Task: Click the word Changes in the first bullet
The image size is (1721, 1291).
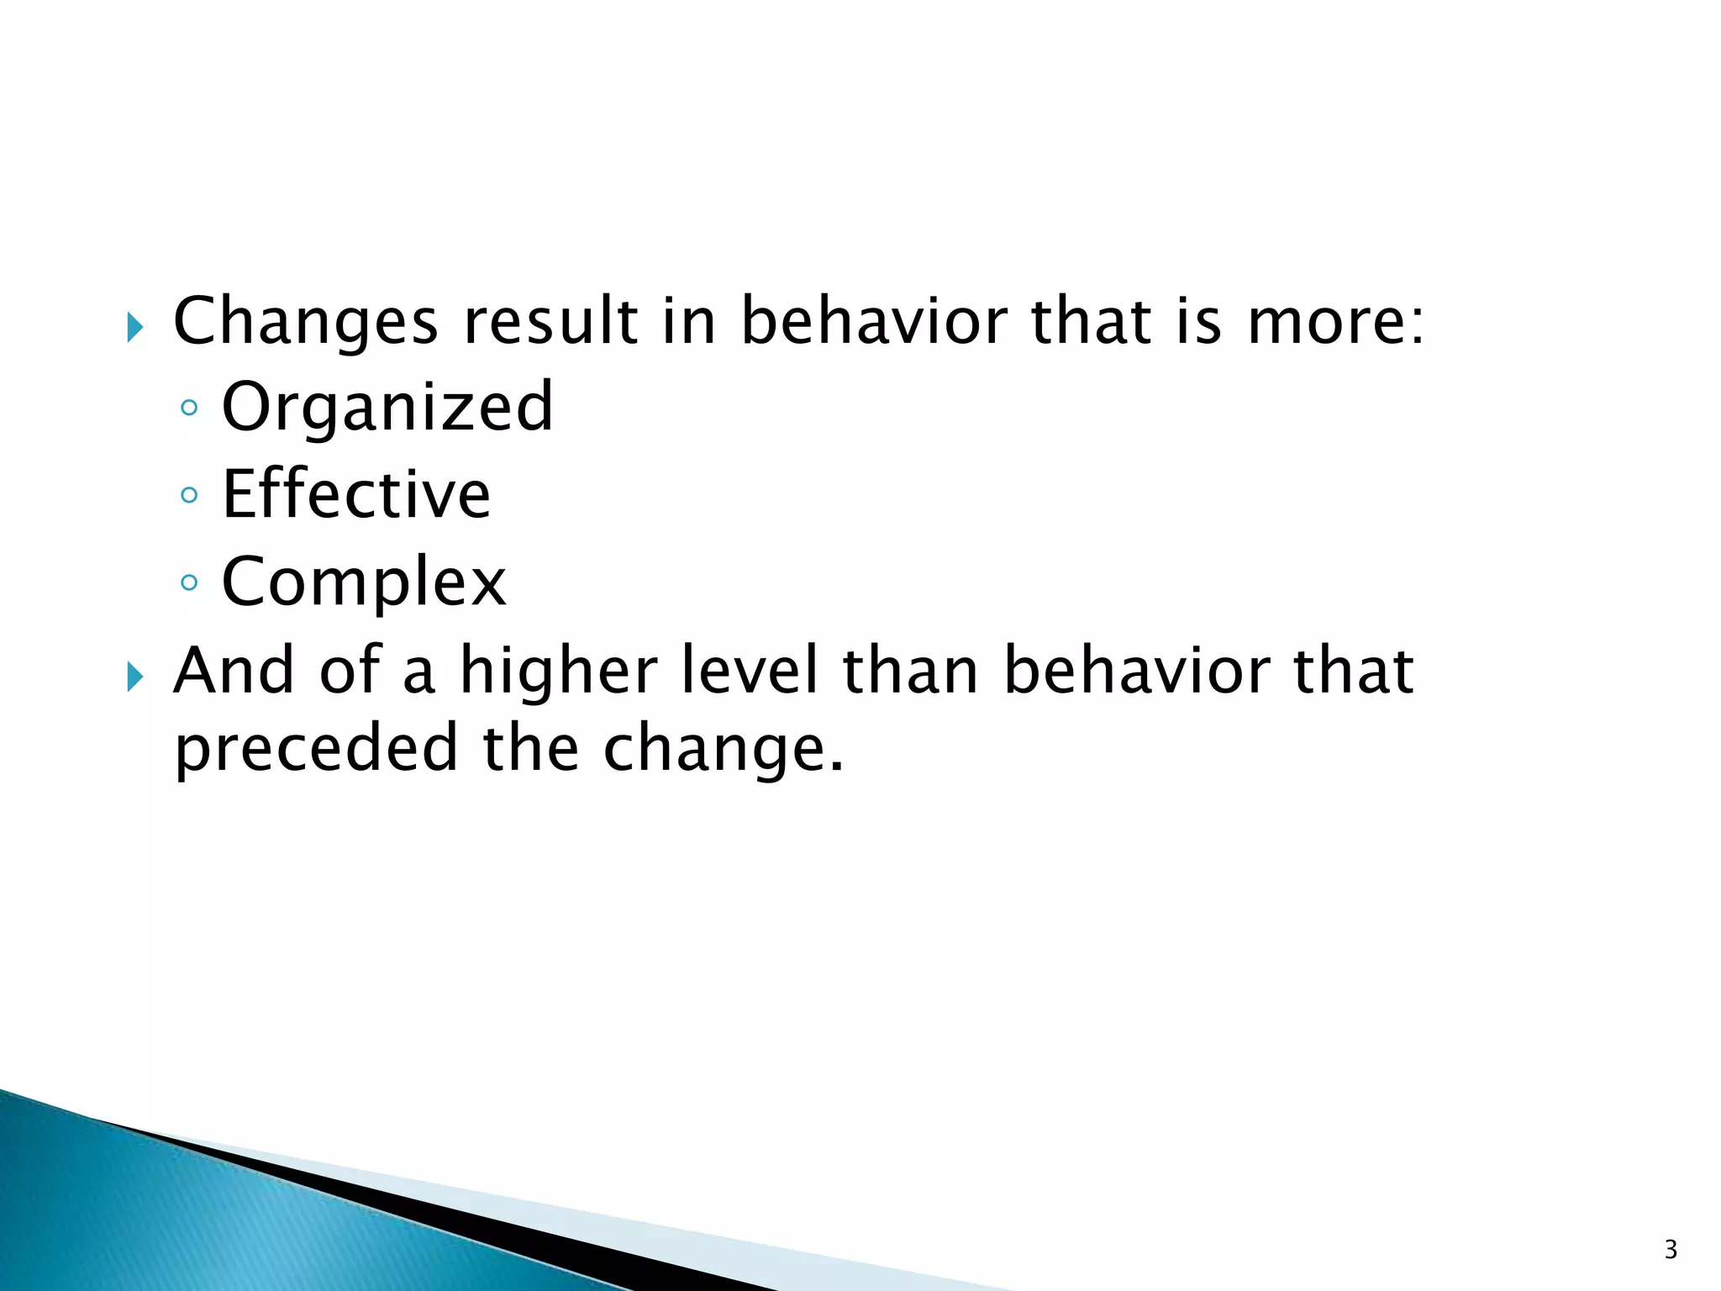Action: tap(305, 322)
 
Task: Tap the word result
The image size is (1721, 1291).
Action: tap(550, 322)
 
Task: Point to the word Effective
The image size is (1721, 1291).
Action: tap(356, 495)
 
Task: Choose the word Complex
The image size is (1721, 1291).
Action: tap(364, 582)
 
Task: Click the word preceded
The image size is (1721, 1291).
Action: tap(316, 748)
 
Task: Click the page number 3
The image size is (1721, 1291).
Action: tap(1671, 1250)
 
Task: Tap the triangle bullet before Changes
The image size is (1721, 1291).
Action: tap(135, 327)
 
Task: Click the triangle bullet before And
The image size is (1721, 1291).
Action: tap(135, 676)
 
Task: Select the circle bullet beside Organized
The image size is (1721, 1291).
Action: tap(189, 408)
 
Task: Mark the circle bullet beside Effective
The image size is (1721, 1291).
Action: tap(189, 495)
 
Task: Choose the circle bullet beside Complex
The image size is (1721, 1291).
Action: tap(189, 582)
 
